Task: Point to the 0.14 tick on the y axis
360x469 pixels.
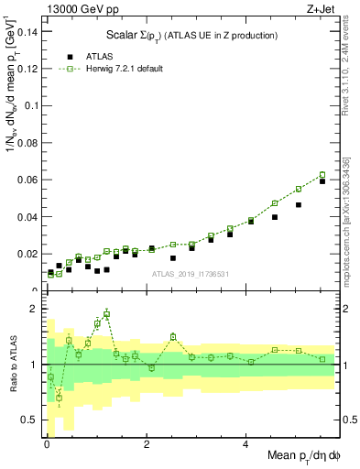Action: click(27, 31)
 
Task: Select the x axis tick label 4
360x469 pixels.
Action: click(246, 445)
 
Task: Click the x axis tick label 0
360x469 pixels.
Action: click(47, 445)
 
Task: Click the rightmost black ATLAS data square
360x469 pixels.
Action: click(322, 181)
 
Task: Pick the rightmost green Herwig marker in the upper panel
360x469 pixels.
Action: click(322, 175)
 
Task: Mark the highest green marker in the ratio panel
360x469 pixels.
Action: click(107, 314)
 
